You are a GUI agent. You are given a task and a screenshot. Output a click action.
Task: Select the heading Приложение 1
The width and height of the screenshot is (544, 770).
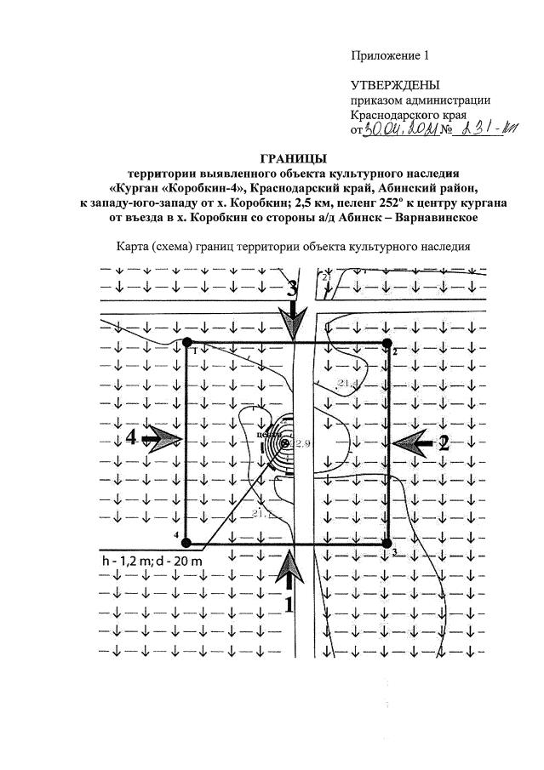[390, 56]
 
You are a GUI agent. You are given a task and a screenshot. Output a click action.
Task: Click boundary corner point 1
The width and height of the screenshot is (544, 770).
[187, 342]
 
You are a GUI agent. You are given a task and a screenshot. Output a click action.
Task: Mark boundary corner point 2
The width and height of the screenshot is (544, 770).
[387, 342]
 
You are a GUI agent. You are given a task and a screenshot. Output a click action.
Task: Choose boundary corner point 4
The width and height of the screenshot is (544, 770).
[187, 543]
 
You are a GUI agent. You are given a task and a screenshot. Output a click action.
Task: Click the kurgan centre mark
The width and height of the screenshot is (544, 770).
[283, 442]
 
